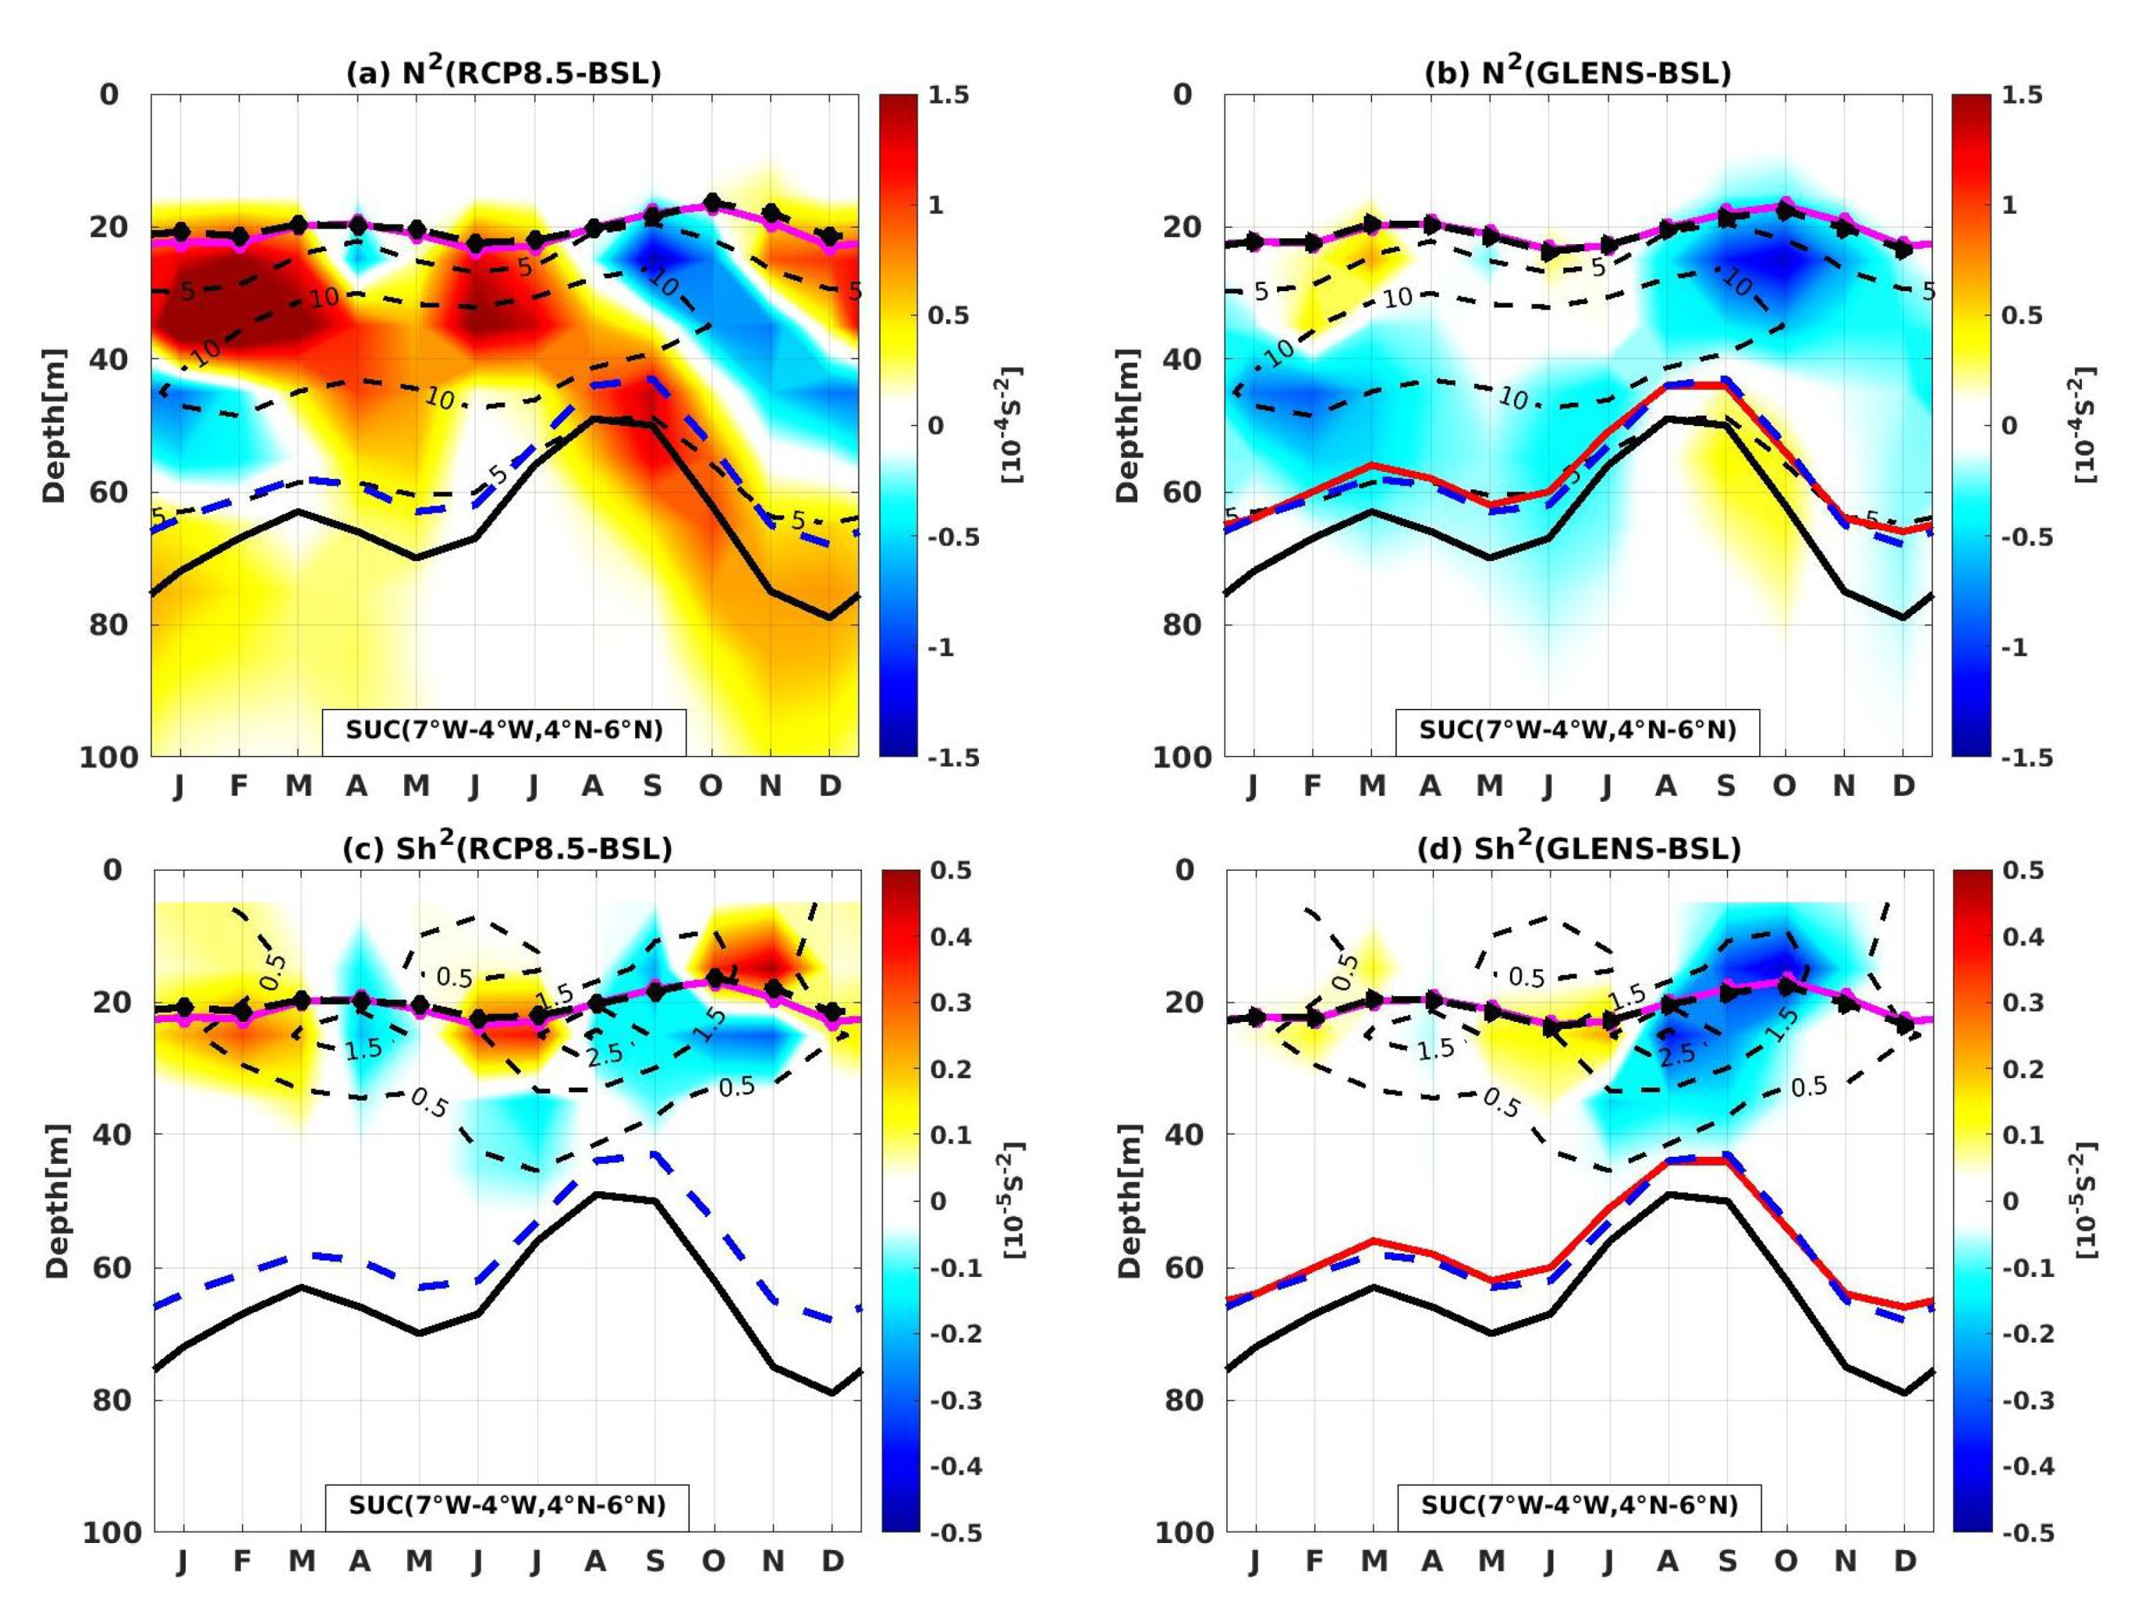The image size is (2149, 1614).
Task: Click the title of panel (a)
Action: [503, 72]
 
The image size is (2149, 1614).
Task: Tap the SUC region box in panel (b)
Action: [1578, 729]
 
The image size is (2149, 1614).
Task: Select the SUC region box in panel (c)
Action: [506, 1504]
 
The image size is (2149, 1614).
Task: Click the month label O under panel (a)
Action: [711, 785]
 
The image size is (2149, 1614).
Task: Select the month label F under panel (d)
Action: [1313, 1560]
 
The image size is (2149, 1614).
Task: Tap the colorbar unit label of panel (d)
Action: [2086, 1200]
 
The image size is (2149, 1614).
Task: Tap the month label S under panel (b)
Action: [1725, 785]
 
